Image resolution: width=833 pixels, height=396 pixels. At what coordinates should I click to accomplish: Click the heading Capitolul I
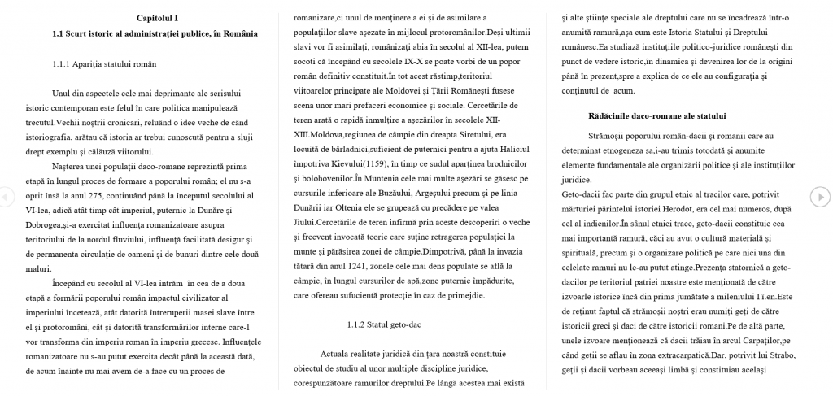click(x=157, y=18)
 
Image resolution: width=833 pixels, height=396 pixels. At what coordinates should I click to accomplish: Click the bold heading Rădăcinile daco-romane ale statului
click(x=657, y=115)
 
